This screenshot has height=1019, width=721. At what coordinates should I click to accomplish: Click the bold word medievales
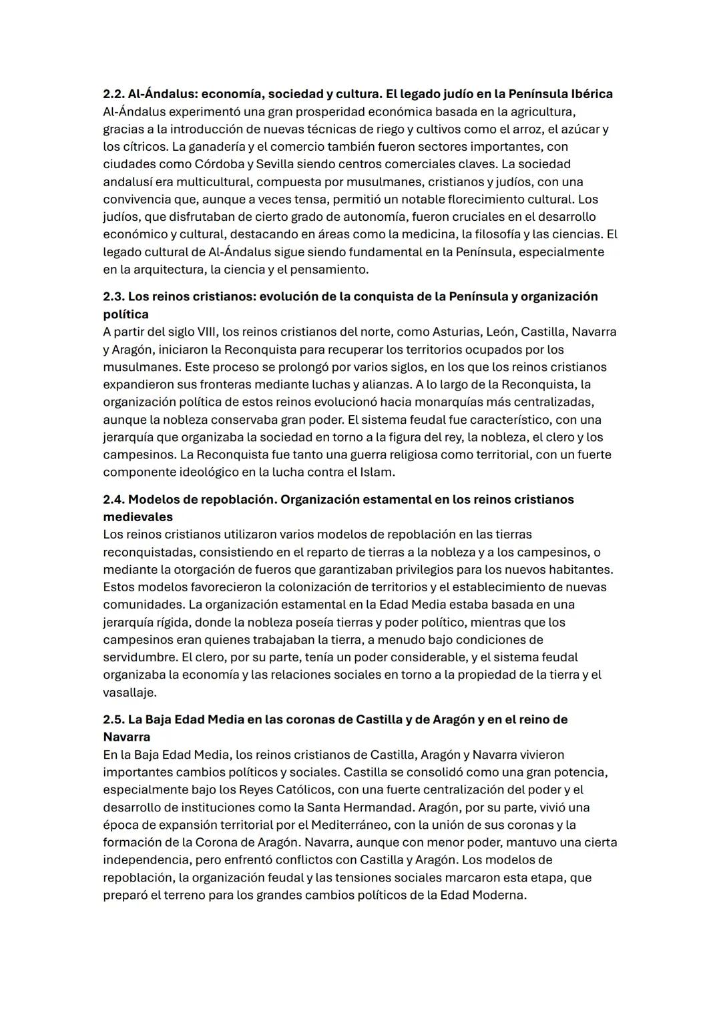pyautogui.click(x=138, y=517)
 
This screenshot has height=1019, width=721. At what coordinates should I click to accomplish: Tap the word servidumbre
pyautogui.click(x=139, y=658)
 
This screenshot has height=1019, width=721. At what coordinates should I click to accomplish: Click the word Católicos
pyautogui.click(x=302, y=790)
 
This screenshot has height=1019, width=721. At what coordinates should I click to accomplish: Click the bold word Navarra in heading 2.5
pyautogui.click(x=126, y=737)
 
